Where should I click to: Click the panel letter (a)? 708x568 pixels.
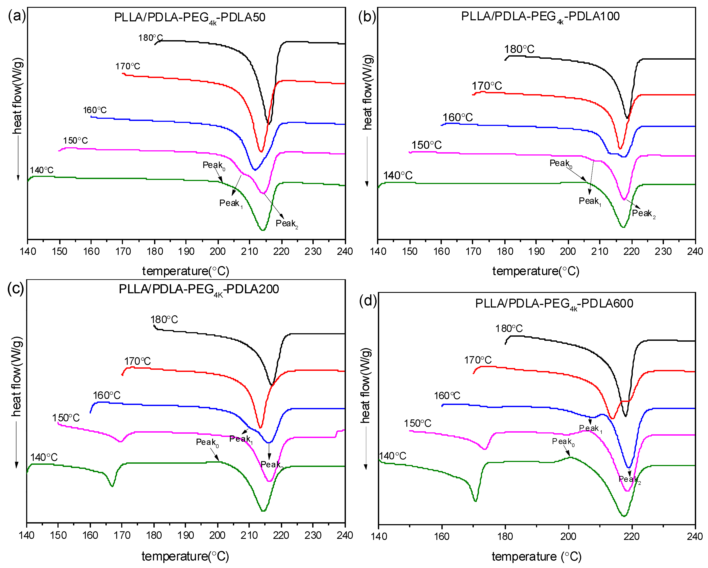coord(16,16)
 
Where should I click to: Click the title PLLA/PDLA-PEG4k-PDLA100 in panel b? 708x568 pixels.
coord(540,16)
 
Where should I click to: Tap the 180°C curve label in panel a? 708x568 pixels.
coord(150,38)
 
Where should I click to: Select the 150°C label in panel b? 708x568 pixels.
coord(426,145)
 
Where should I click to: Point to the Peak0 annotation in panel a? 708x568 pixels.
coord(213,165)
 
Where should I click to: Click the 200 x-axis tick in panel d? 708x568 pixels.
coord(568,536)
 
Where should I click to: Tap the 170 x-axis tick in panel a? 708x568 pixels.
coord(123,251)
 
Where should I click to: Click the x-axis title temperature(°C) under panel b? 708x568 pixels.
coord(536,271)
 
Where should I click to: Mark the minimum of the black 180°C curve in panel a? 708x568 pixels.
coord(269,124)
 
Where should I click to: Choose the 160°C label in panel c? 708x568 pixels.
coord(106,395)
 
